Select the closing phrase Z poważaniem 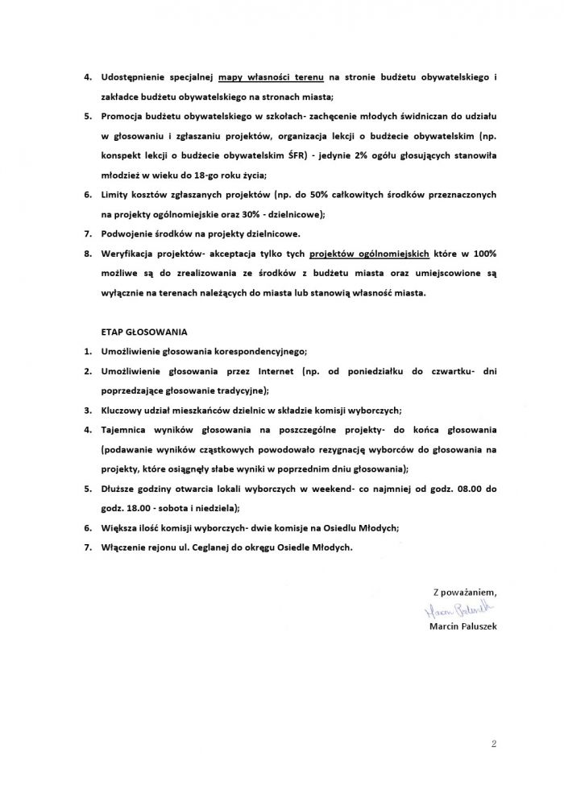click(x=460, y=592)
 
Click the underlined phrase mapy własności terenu click(x=270, y=77)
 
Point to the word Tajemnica click(x=126, y=429)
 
